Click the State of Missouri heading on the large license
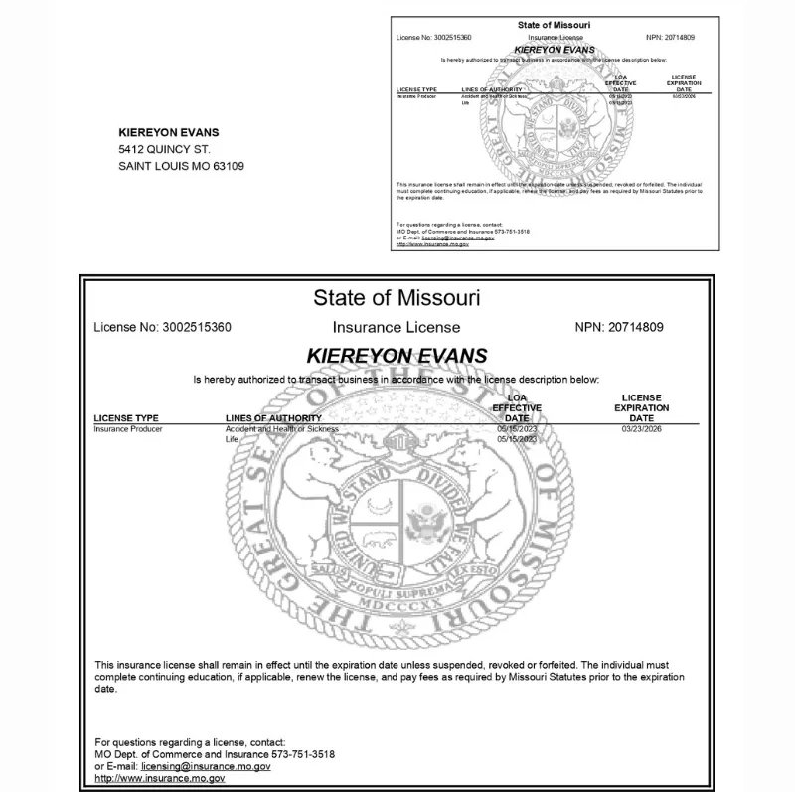coord(397,297)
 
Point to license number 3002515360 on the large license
coord(196,327)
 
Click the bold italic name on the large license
coord(397,355)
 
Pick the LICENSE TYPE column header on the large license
coord(126,419)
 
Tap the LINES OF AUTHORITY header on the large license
coord(274,419)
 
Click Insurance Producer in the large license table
coord(128,429)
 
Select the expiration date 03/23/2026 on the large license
coord(641,429)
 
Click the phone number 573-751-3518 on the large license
coord(302,755)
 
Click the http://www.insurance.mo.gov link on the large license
coord(159,779)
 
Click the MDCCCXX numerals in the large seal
coord(396,603)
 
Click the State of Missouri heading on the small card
coord(555,24)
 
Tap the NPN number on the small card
coord(680,38)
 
